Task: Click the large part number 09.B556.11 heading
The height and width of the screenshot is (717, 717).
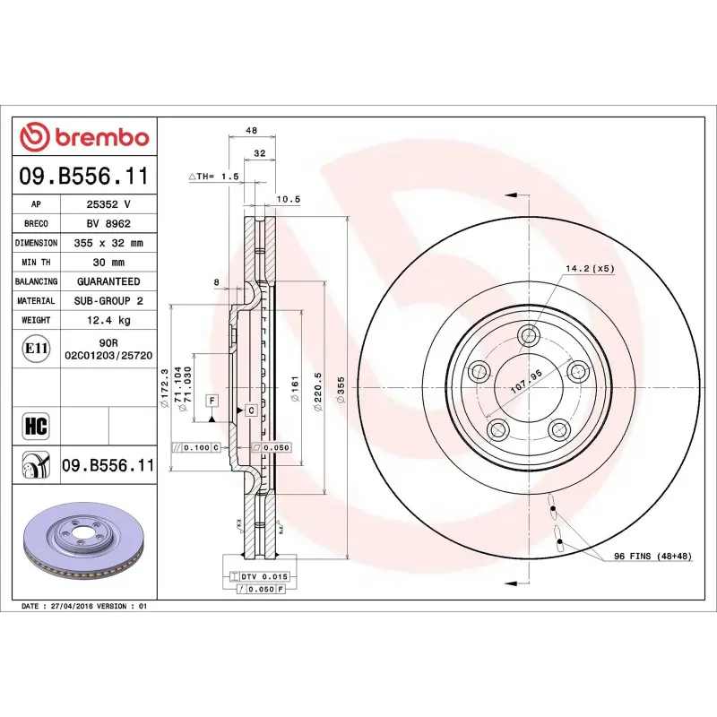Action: tap(84, 176)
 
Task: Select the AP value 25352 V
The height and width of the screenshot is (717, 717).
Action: tap(108, 204)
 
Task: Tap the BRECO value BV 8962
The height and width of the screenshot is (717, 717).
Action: tap(108, 223)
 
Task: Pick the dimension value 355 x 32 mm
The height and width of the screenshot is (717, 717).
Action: tap(108, 243)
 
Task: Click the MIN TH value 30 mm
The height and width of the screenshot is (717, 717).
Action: tap(108, 262)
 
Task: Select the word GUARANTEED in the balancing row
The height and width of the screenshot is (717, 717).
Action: tap(108, 281)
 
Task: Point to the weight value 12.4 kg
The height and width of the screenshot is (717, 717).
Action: tap(108, 320)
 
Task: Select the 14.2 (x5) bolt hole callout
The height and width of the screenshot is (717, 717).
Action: tap(589, 268)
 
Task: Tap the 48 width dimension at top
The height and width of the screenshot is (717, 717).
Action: tap(253, 131)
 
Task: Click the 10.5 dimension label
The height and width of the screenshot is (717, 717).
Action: tap(289, 199)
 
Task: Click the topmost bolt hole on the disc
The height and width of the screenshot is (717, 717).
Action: tap(530, 337)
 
